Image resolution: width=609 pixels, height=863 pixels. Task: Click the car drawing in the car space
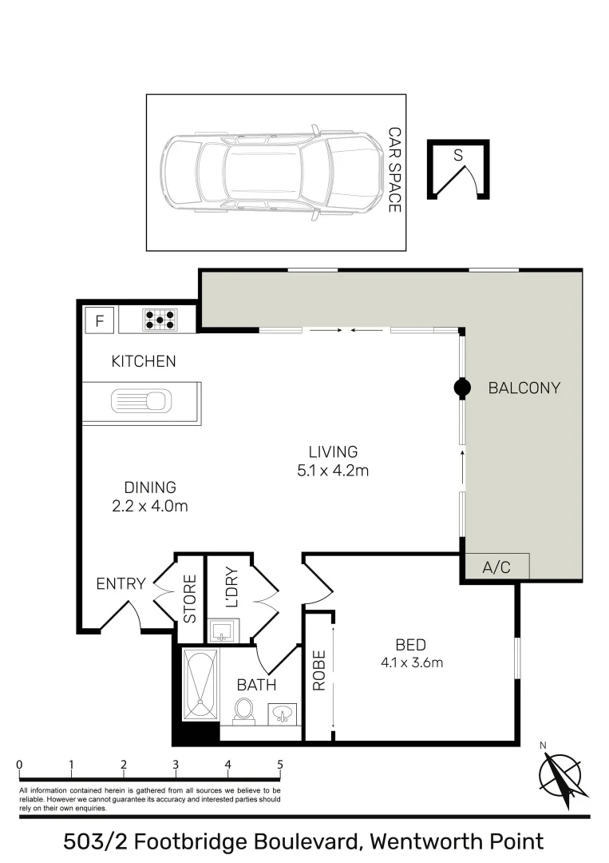click(271, 173)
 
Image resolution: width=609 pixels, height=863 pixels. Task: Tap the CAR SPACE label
click(393, 169)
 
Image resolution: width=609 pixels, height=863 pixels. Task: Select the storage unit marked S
click(458, 169)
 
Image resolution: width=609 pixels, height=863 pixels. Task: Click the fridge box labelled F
click(100, 321)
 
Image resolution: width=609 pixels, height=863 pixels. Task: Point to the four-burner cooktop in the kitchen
click(160, 320)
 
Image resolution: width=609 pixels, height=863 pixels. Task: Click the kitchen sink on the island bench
click(141, 400)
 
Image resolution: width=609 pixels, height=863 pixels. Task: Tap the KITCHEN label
click(143, 362)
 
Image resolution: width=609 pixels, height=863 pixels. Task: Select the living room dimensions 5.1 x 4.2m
click(332, 471)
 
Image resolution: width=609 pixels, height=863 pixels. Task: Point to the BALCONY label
click(524, 388)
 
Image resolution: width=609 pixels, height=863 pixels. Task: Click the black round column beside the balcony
click(461, 388)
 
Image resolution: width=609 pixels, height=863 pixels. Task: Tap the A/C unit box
click(496, 567)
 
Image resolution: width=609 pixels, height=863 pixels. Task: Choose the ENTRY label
click(121, 584)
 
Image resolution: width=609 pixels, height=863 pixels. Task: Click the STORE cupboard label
click(190, 599)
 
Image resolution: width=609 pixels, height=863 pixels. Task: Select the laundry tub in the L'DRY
click(221, 631)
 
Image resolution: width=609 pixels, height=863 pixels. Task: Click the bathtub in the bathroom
click(200, 685)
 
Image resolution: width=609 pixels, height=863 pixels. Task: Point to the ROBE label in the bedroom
click(318, 670)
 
